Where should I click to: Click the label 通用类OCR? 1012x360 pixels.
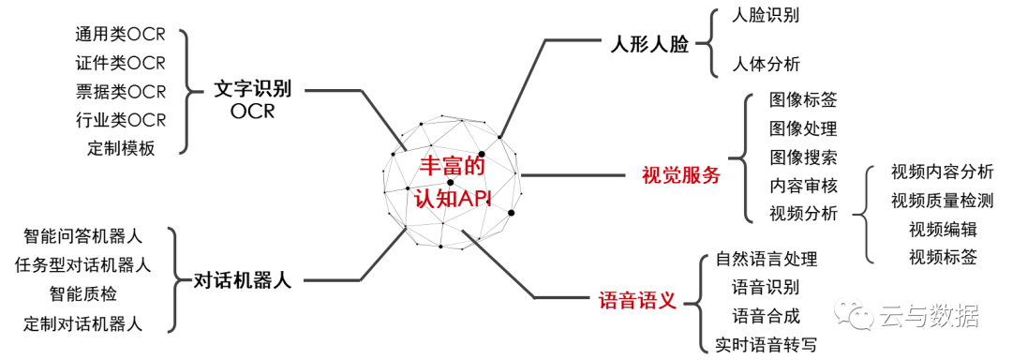120,36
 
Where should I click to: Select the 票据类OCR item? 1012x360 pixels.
120,92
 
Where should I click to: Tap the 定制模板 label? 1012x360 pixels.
121,148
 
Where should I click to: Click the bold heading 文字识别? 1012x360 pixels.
252,89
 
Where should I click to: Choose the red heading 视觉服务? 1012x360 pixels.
681,175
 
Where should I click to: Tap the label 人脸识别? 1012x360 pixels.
766,15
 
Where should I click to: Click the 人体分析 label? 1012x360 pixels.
766,65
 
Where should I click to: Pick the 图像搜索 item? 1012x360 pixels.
803,157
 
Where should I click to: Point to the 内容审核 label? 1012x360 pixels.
803,185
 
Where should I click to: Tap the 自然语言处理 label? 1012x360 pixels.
766,259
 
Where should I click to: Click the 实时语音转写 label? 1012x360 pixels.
766,344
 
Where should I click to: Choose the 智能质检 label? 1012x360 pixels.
83,294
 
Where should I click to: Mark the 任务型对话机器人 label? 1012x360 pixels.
83,265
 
